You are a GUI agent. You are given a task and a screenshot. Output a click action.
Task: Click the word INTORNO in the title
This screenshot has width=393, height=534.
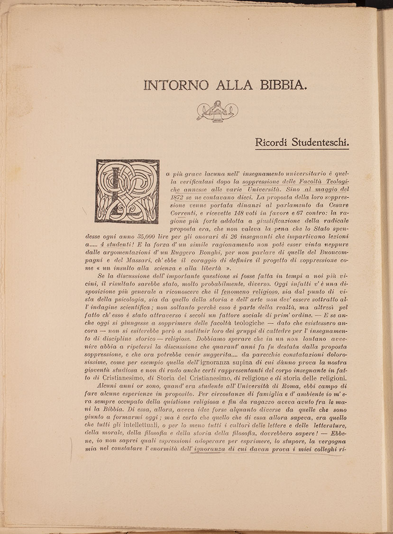tap(176, 85)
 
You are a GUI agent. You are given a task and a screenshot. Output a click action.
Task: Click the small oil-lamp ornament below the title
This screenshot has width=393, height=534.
tap(217, 111)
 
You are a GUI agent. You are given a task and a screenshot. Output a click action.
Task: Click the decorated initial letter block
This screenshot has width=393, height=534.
tap(127, 191)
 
